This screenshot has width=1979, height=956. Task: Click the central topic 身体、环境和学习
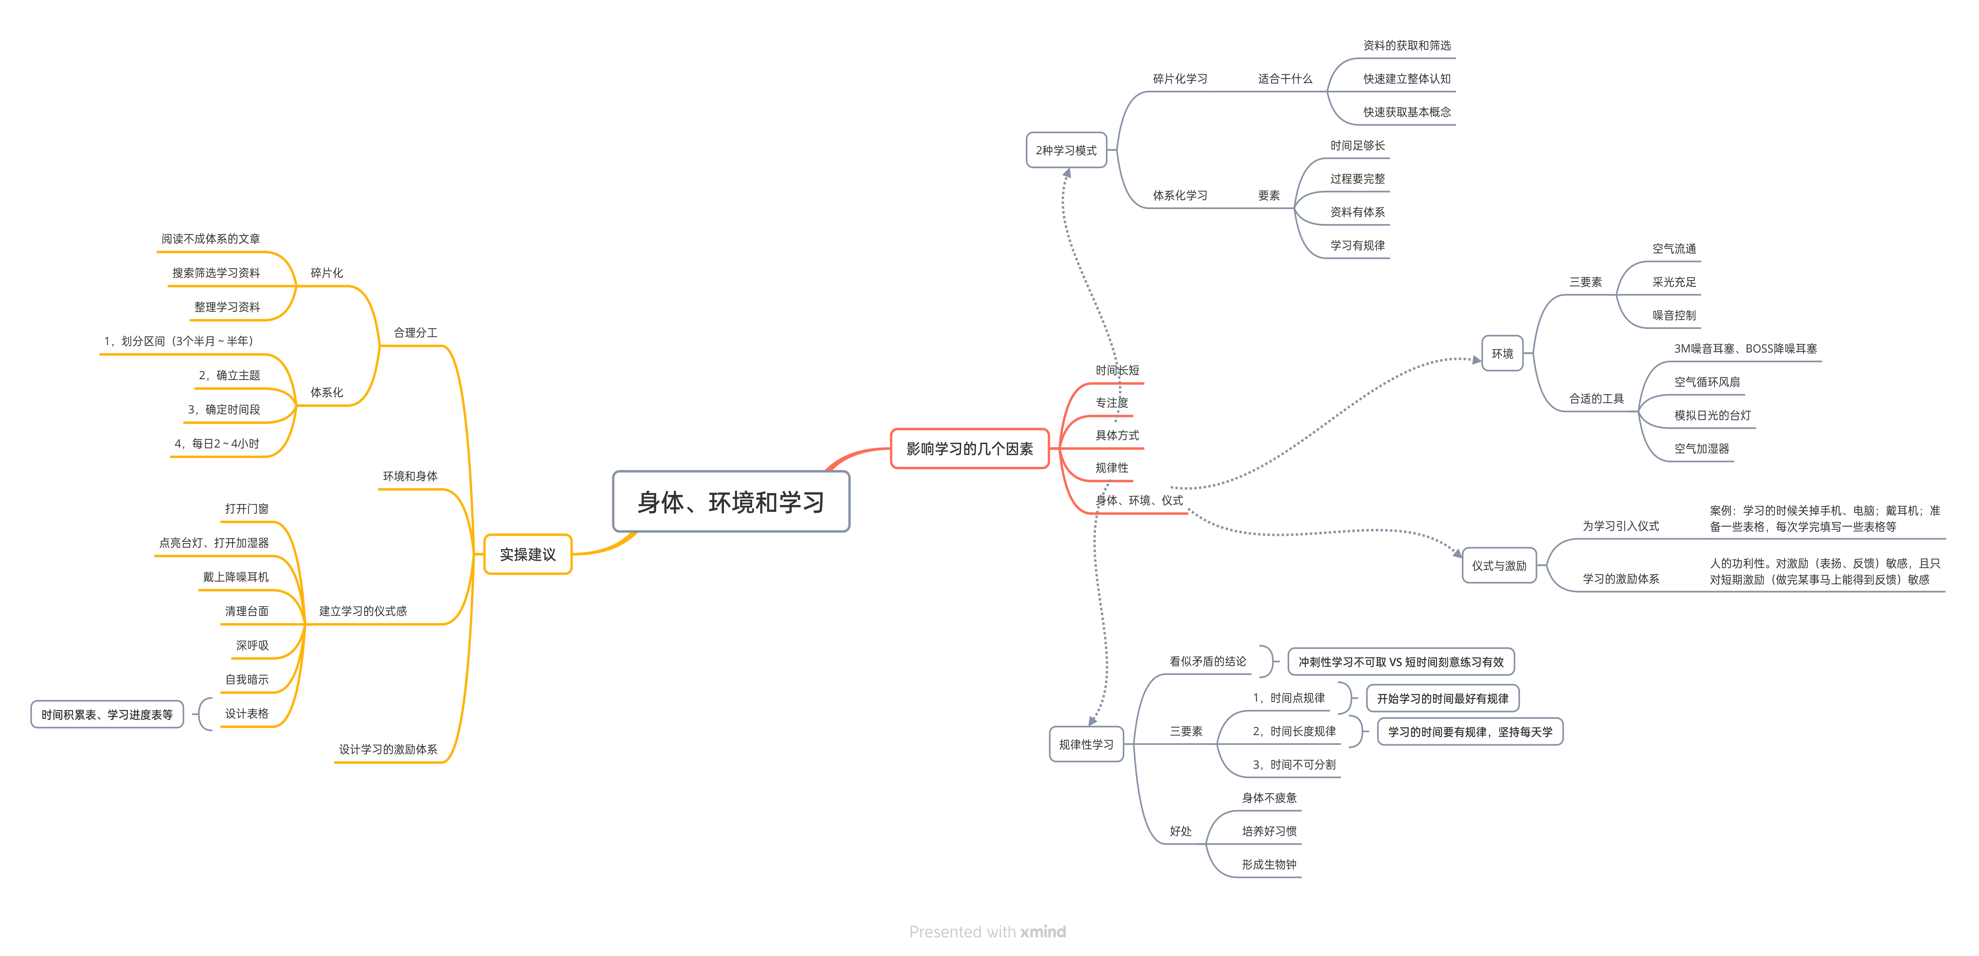point(731,502)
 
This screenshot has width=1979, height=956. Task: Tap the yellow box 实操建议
point(528,554)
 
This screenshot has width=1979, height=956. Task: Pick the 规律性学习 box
point(1086,744)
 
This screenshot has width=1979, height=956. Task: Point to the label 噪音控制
point(1674,315)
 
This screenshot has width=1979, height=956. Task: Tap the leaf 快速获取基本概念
point(1407,112)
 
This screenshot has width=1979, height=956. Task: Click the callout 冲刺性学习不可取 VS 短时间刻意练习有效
point(1401,662)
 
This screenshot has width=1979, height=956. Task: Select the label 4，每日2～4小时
point(217,443)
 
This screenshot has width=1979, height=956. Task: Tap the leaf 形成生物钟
point(1269,865)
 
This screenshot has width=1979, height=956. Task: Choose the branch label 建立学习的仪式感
point(363,611)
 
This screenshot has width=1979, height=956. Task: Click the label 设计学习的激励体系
point(388,749)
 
